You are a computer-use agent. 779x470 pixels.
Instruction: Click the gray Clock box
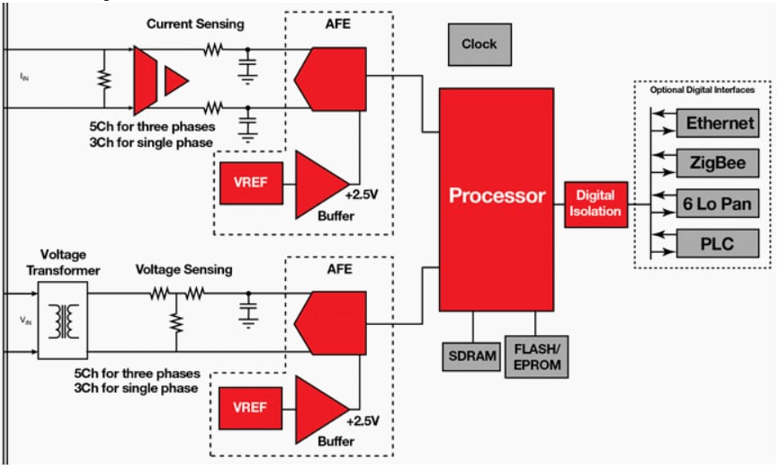click(x=479, y=43)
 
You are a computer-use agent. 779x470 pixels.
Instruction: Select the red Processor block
click(x=497, y=196)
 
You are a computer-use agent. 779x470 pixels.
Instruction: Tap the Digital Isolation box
click(x=595, y=203)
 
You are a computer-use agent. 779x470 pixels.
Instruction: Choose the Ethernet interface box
click(x=721, y=124)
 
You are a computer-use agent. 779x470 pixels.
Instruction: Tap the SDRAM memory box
click(x=471, y=355)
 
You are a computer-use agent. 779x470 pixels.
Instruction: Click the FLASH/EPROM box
click(x=536, y=354)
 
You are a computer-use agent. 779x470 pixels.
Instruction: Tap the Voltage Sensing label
click(x=184, y=269)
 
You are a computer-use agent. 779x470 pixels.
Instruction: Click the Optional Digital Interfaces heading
click(x=702, y=90)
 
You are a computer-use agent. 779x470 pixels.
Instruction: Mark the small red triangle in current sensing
click(x=176, y=81)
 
